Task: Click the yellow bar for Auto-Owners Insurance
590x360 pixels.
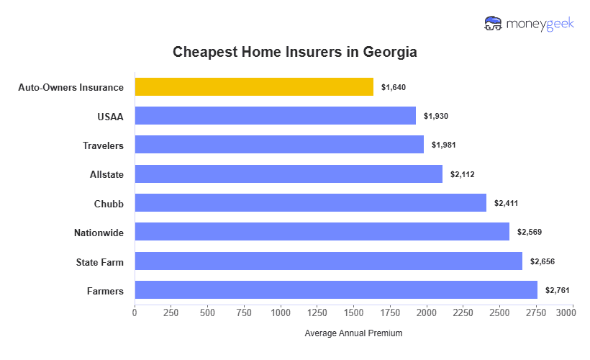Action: click(254, 87)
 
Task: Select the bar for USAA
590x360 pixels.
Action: click(275, 116)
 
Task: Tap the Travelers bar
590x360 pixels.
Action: click(279, 145)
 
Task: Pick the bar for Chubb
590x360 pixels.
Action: click(310, 203)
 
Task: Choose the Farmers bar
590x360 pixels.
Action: click(336, 290)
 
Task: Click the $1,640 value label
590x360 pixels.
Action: click(394, 87)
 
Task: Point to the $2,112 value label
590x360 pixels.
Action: click(463, 174)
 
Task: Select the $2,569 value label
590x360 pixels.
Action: click(530, 232)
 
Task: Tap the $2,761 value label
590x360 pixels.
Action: click(558, 290)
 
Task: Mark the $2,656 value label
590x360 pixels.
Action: click(543, 261)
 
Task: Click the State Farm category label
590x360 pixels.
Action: click(99, 262)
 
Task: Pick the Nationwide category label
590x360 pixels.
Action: click(99, 233)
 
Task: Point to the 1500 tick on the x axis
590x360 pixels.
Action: click(353, 312)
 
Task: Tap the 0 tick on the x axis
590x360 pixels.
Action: click(135, 312)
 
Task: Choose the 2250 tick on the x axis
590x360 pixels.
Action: click(463, 312)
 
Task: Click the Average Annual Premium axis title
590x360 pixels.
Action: click(353, 333)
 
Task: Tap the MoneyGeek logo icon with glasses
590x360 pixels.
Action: click(494, 24)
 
